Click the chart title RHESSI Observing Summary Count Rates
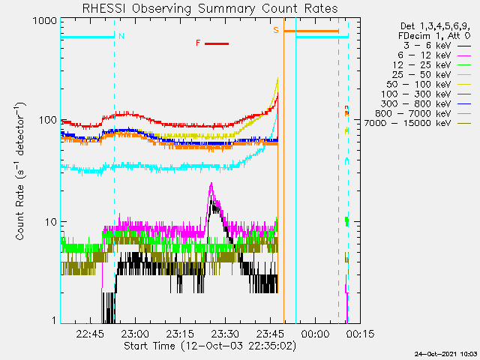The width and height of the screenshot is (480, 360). tap(209, 8)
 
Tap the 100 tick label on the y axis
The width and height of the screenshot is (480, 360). tap(47, 120)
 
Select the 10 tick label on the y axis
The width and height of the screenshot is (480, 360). tap(50, 222)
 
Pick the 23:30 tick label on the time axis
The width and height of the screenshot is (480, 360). tap(224, 334)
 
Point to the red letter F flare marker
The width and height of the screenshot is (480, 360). tap(198, 43)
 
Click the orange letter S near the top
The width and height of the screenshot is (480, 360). tap(276, 30)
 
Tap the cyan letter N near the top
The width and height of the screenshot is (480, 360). tap(121, 36)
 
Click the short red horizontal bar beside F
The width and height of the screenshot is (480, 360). tap(216, 43)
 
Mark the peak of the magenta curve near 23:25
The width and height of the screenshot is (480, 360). tap(211, 183)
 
